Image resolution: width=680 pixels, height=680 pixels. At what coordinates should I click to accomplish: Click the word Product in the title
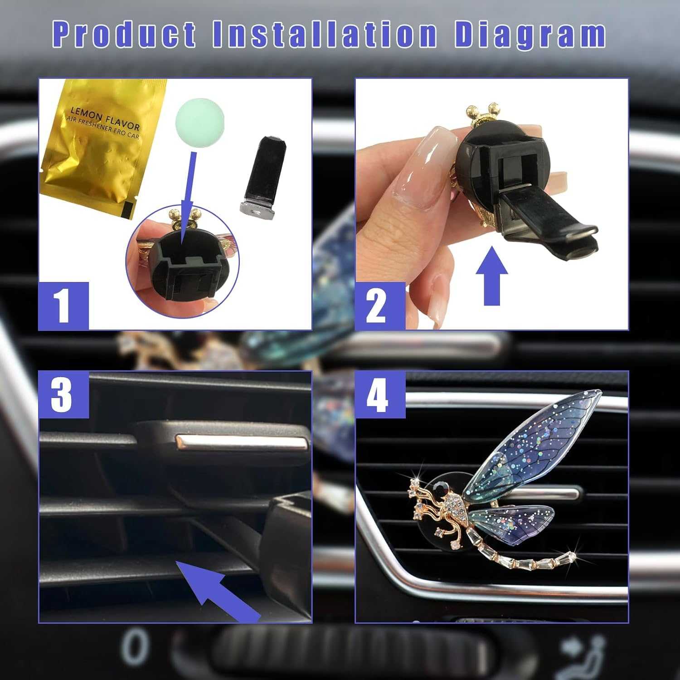click(124, 34)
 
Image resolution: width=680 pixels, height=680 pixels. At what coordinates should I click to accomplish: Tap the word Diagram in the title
click(530, 34)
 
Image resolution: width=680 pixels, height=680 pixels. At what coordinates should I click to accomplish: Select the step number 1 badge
click(63, 306)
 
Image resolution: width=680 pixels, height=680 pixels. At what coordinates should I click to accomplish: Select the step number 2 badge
click(380, 306)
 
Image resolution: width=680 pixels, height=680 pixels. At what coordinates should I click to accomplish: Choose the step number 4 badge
click(380, 394)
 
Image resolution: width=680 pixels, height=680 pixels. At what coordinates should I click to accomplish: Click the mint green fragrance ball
click(199, 118)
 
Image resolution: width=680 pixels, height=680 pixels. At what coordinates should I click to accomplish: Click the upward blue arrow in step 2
click(492, 277)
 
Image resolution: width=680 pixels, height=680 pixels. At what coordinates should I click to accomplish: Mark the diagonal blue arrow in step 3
click(218, 589)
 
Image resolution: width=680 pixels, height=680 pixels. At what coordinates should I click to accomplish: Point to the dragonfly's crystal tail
click(535, 562)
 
